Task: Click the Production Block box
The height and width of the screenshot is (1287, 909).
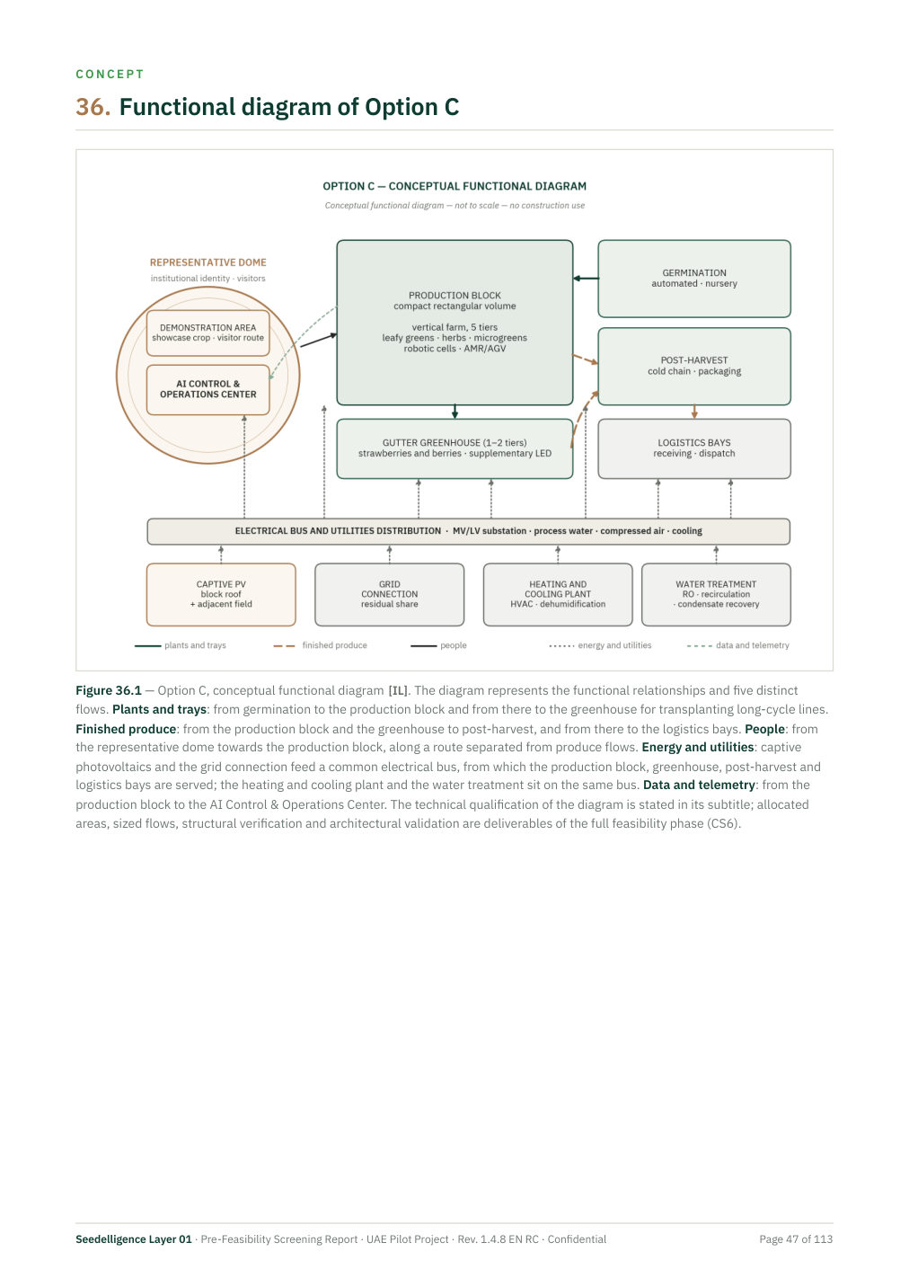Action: coord(454,323)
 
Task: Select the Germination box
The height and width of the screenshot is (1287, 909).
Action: coord(693,279)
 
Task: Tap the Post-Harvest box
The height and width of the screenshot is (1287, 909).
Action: coord(693,366)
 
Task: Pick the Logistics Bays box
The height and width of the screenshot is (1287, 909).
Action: coord(693,448)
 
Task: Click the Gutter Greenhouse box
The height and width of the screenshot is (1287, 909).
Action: coord(454,448)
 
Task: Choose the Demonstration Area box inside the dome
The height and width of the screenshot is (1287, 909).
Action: coord(207,333)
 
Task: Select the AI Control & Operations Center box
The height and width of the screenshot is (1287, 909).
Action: coord(207,389)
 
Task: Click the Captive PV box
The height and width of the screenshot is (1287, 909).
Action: coord(221,594)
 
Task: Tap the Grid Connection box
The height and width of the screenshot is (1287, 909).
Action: coord(389,594)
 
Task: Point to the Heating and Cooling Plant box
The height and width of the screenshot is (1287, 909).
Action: coord(558,594)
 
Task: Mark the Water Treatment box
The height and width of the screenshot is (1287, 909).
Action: coord(716,594)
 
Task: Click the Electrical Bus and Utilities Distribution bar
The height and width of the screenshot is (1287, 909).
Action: coord(468,531)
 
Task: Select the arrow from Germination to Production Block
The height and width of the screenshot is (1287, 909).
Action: coord(586,279)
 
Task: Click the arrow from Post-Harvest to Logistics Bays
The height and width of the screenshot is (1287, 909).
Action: coord(694,412)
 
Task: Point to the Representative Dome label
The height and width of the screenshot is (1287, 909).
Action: coord(207,262)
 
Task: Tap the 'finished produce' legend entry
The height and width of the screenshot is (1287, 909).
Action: coord(320,645)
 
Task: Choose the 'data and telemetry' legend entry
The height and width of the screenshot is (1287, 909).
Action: coord(737,645)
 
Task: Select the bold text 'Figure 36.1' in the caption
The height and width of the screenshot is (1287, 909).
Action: coord(109,690)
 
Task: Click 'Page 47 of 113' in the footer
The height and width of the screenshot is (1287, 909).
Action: coord(795,1238)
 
